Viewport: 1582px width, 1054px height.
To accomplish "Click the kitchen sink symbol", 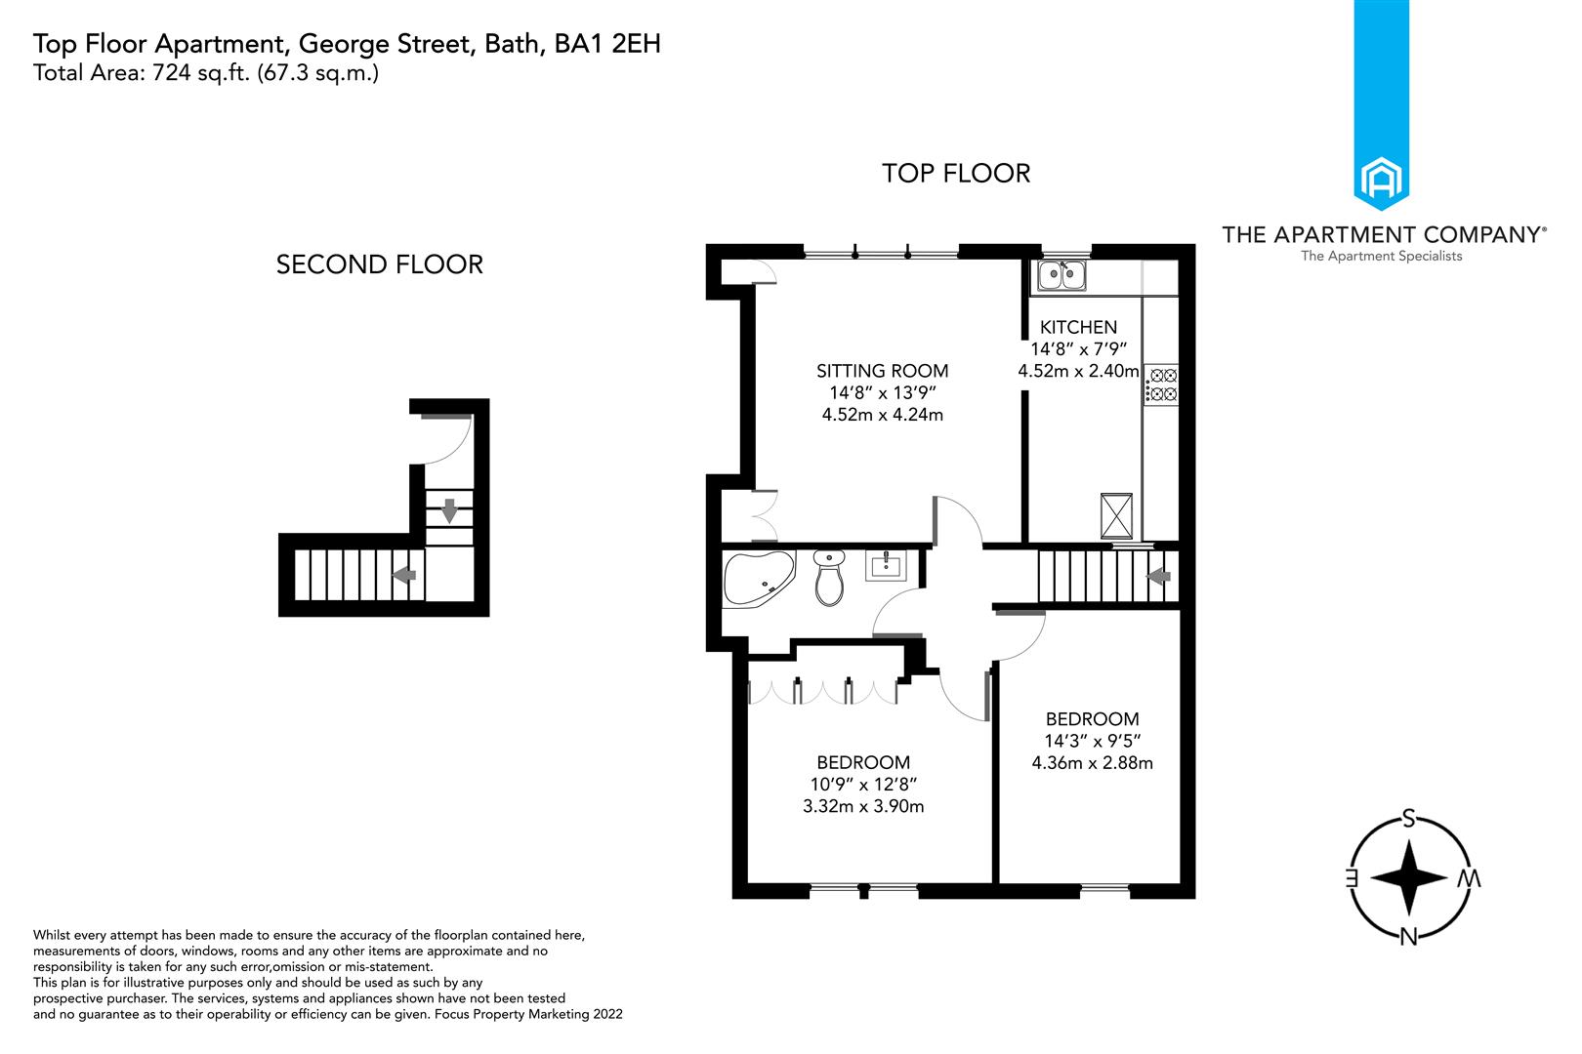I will [x=1062, y=275].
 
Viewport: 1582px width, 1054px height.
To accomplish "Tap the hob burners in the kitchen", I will [x=1162, y=385].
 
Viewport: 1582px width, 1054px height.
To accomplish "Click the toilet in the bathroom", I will [x=829, y=578].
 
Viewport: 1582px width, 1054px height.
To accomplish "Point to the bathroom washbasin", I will [x=888, y=566].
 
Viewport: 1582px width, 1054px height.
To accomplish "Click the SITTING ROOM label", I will [x=882, y=371].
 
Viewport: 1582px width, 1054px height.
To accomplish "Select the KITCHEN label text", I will [x=1078, y=327].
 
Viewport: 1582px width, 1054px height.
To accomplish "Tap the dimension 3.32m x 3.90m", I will [x=863, y=806].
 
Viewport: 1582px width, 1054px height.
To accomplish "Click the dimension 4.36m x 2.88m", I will [x=1092, y=763].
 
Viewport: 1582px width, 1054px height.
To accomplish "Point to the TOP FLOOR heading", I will [x=955, y=174].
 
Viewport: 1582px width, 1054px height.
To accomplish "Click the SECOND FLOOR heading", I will [x=379, y=264].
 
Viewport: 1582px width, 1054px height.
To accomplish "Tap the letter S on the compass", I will [x=1408, y=818].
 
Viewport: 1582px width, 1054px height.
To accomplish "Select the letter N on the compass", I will [x=1408, y=937].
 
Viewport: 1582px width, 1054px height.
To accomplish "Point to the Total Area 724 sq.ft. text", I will [x=205, y=73].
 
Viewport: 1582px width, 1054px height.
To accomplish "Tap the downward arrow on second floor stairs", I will [x=449, y=509].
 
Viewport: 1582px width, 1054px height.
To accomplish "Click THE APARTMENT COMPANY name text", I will [x=1381, y=234].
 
